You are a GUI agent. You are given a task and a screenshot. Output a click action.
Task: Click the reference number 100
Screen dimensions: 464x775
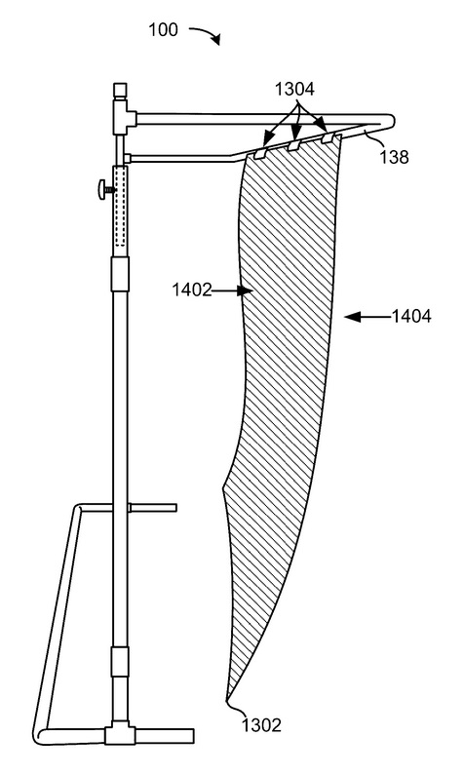pyautogui.click(x=163, y=30)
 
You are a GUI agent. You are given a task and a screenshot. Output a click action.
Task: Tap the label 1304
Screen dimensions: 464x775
pyautogui.click(x=294, y=90)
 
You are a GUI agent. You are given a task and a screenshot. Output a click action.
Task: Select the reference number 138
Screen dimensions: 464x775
pyautogui.click(x=394, y=157)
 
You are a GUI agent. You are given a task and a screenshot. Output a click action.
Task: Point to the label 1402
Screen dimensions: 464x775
pyautogui.click(x=192, y=290)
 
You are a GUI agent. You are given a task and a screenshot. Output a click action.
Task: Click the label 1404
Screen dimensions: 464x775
pyautogui.click(x=411, y=316)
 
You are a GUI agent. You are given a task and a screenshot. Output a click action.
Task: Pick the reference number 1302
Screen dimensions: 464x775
pyautogui.click(x=261, y=725)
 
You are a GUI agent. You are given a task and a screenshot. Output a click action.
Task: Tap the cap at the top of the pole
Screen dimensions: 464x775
pyautogui.click(x=120, y=90)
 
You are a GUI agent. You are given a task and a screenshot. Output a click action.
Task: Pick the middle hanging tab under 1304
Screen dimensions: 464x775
pyautogui.click(x=294, y=145)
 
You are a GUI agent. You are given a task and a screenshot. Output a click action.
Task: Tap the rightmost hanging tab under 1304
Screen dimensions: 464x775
pyautogui.click(x=328, y=137)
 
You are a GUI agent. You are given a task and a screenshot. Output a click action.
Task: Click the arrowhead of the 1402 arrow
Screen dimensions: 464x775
pyautogui.click(x=245, y=291)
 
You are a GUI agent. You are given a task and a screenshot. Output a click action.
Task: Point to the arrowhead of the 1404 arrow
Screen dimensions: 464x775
pyautogui.click(x=352, y=317)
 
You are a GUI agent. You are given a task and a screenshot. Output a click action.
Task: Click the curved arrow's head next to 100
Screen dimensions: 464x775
pyautogui.click(x=215, y=40)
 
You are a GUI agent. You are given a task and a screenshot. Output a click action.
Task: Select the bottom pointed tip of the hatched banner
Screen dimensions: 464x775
pyautogui.click(x=227, y=700)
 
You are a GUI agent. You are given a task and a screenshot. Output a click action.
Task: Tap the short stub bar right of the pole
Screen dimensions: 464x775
pyautogui.click(x=152, y=507)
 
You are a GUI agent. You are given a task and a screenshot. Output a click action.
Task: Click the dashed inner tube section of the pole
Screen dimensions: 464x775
pyautogui.click(x=120, y=206)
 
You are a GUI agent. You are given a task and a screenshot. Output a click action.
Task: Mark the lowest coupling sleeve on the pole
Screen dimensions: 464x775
pyautogui.click(x=120, y=661)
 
